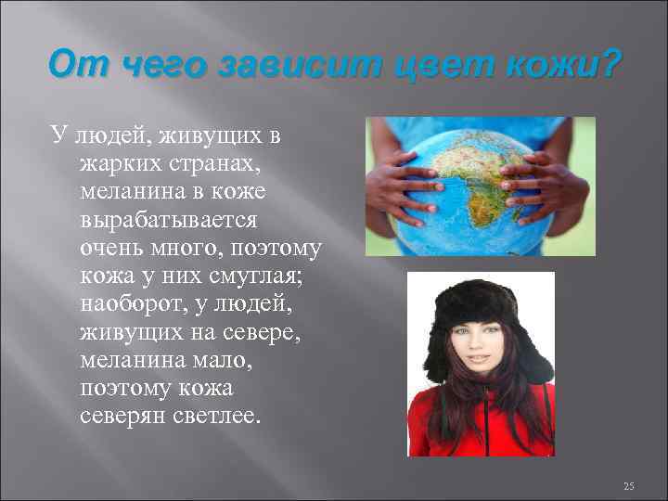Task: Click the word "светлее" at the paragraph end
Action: click(217, 415)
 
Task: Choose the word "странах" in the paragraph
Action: click(219, 164)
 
